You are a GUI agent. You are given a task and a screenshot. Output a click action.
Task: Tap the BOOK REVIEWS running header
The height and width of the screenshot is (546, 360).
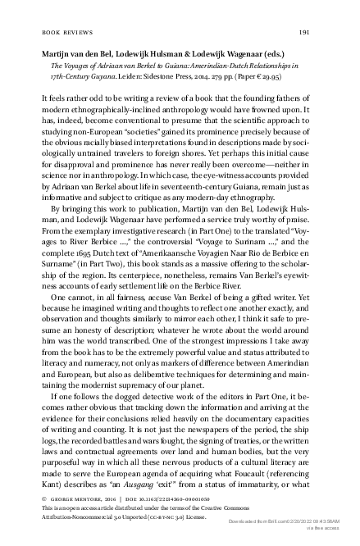(65, 32)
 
